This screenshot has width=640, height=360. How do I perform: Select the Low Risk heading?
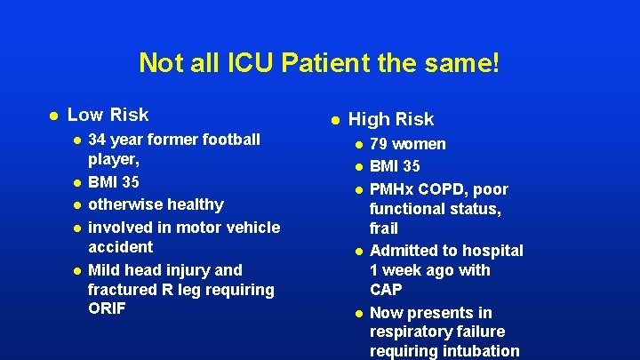pyautogui.click(x=108, y=115)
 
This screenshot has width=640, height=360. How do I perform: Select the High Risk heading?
pyautogui.click(x=391, y=119)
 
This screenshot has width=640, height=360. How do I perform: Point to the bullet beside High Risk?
pyautogui.click(x=334, y=120)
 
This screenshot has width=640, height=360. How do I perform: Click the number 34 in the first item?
pyautogui.click(x=99, y=140)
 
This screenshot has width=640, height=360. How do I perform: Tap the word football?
pyautogui.click(x=231, y=140)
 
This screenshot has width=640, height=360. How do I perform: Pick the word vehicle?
pyautogui.click(x=252, y=227)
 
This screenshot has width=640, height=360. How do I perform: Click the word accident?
pyautogui.click(x=121, y=247)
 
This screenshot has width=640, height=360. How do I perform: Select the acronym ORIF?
pyautogui.click(x=108, y=308)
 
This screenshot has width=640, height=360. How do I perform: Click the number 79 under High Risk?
pyautogui.click(x=379, y=144)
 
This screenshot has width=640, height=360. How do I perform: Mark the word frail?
pyautogui.click(x=384, y=228)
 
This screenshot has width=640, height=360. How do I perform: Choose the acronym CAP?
pyautogui.click(x=386, y=290)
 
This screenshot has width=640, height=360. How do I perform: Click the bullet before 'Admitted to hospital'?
pyautogui.click(x=358, y=252)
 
